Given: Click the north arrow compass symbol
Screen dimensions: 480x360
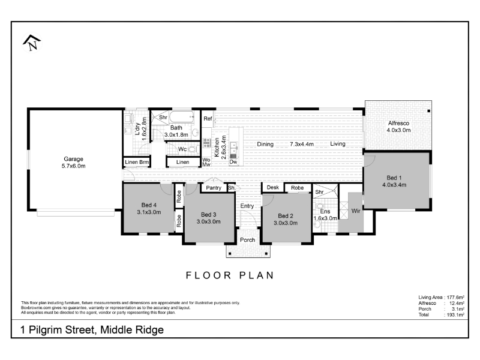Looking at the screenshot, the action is click(x=32, y=43).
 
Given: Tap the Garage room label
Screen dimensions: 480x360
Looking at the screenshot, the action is click(x=73, y=159).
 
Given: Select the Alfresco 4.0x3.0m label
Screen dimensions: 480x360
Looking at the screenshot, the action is click(x=398, y=127).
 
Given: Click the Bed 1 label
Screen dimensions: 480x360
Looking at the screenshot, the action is click(x=394, y=178).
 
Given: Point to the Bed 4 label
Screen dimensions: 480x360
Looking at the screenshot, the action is click(x=149, y=205).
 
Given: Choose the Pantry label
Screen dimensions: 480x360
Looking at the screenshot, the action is click(x=214, y=188).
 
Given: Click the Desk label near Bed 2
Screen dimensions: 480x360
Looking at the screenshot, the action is click(x=273, y=187).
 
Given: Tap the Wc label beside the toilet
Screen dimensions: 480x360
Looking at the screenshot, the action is click(x=182, y=149).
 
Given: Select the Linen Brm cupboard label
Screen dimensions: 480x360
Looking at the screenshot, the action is click(x=137, y=162).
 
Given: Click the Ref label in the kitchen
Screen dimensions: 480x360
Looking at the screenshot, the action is click(x=208, y=118).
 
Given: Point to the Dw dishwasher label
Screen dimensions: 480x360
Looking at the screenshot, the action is click(x=233, y=161).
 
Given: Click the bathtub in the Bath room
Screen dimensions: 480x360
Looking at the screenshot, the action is click(x=182, y=117).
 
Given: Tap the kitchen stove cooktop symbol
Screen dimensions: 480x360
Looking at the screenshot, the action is click(x=206, y=143).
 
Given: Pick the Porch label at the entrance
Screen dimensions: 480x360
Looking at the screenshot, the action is click(x=247, y=240).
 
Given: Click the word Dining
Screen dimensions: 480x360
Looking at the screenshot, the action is click(x=265, y=144).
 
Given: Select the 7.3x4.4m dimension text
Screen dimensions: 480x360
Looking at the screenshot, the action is click(x=302, y=144).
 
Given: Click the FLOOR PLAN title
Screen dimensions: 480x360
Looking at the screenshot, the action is click(x=230, y=275).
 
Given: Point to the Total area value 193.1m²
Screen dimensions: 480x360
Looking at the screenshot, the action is click(x=455, y=314).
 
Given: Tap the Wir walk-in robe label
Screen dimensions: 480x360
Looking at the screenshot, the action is click(x=356, y=211).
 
